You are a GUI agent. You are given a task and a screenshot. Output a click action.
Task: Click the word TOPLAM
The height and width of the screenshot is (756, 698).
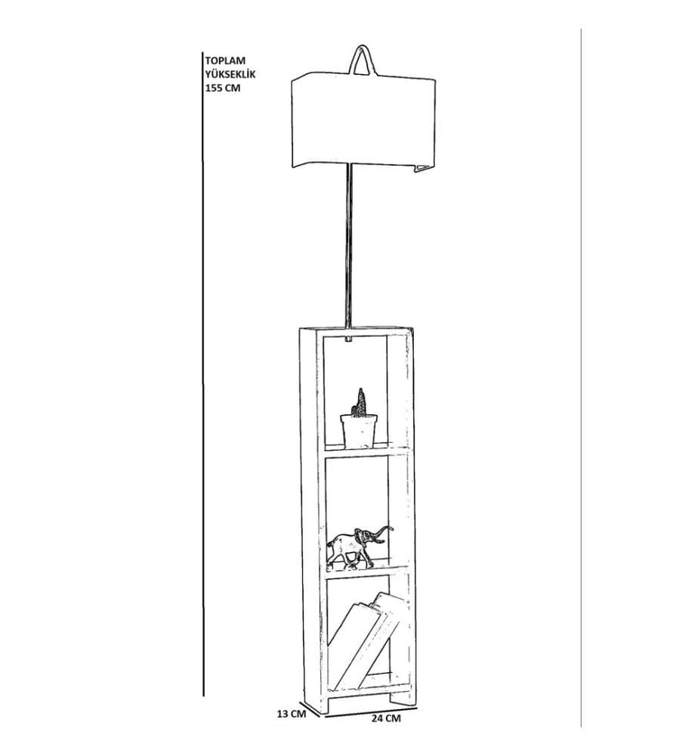[225, 60]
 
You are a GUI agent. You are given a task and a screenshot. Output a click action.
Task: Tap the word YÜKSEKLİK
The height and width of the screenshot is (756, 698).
[230, 74]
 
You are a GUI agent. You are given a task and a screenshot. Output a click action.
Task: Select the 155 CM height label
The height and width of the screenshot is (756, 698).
[223, 88]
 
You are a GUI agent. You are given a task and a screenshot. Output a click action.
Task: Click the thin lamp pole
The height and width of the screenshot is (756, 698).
[349, 246]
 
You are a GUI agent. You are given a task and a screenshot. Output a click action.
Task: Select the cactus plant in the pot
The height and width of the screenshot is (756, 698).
[360, 403]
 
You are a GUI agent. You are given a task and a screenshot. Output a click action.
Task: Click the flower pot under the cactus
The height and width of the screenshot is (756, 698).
[359, 431]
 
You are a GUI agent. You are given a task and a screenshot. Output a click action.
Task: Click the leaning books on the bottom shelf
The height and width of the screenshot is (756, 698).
[369, 639]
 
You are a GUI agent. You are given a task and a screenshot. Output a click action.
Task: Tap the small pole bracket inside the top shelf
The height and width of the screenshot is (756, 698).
[348, 339]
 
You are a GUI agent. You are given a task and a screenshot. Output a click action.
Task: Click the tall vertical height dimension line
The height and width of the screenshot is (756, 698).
[202, 373]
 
